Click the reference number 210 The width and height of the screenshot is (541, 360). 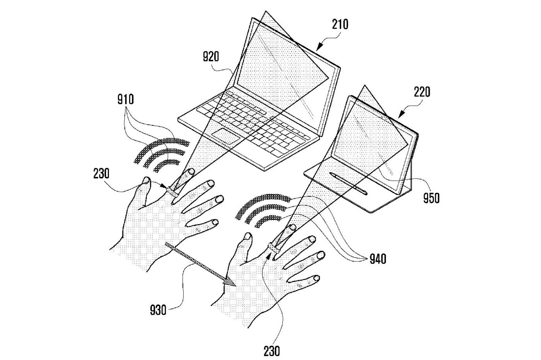(340, 24)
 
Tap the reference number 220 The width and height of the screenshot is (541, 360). (421, 93)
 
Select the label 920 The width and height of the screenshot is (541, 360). (211, 57)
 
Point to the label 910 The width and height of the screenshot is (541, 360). (126, 100)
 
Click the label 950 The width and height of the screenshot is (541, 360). (431, 198)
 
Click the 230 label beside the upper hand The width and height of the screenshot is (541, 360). (101, 174)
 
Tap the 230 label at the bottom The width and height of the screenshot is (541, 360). (272, 351)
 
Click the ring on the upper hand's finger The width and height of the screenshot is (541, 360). (172, 191)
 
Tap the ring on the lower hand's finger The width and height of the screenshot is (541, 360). (274, 248)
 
